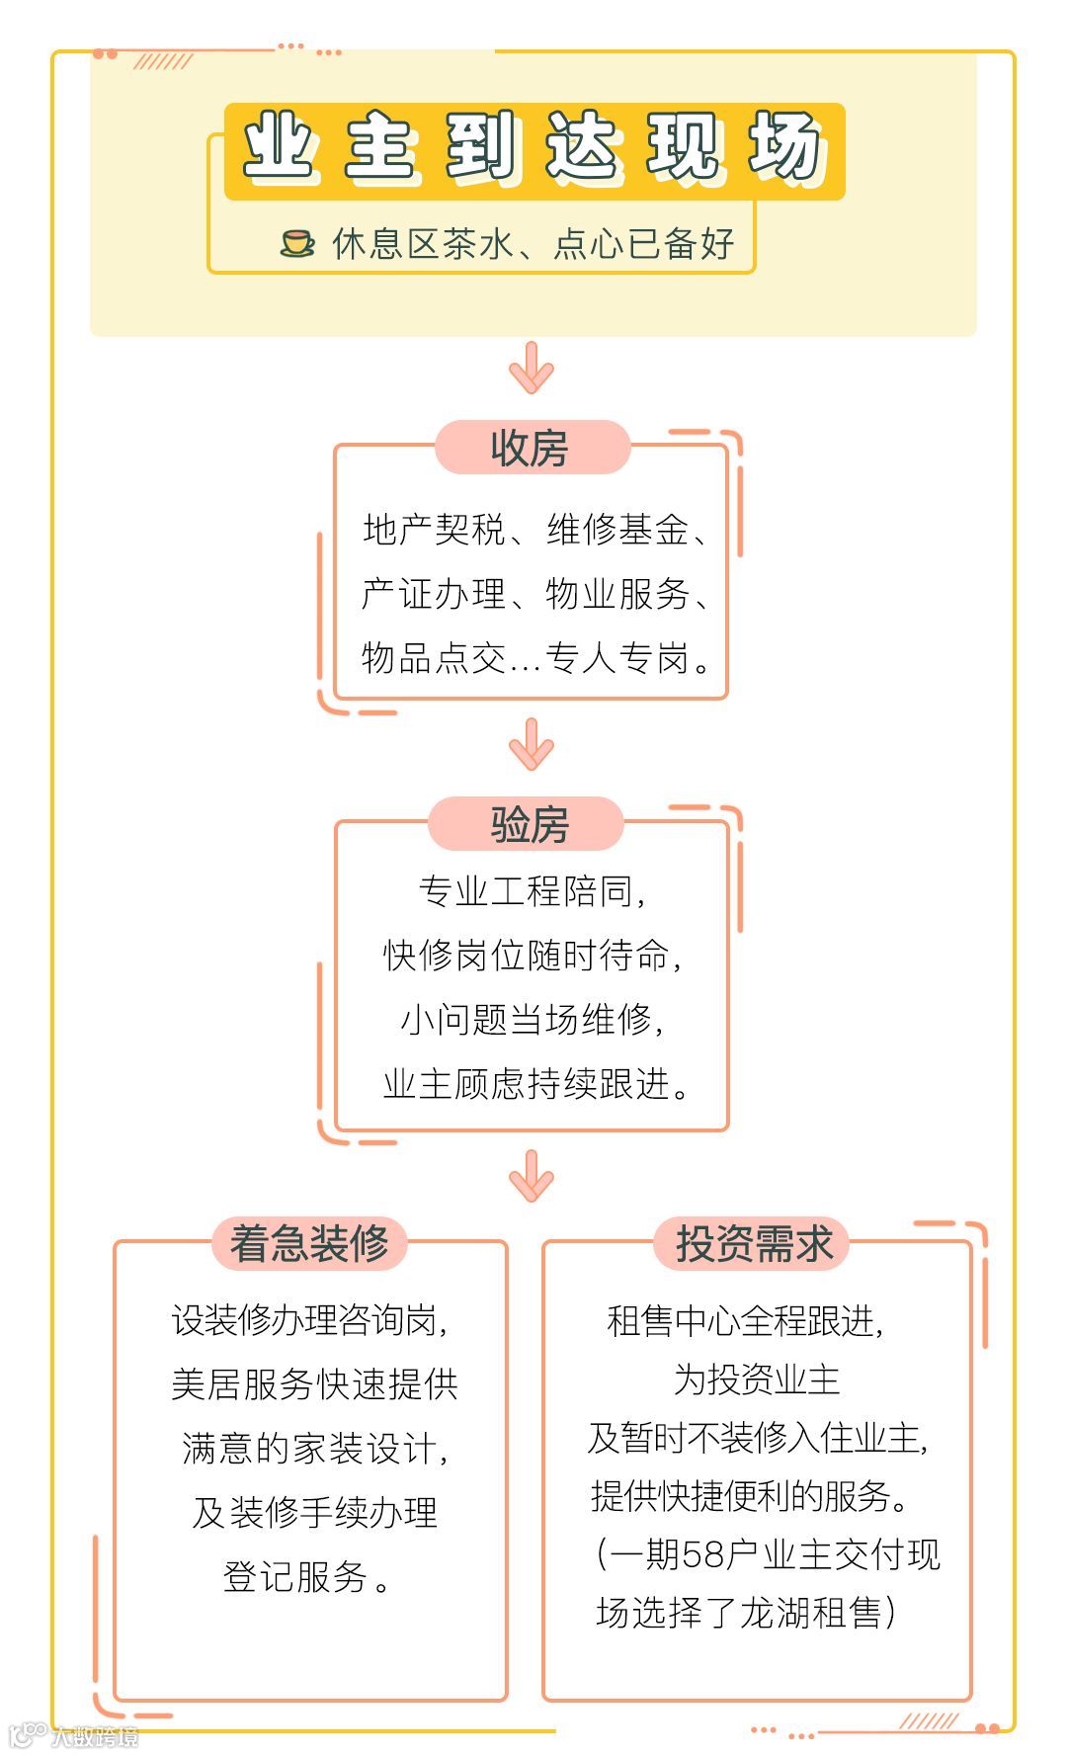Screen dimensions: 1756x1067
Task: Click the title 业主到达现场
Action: tap(533, 150)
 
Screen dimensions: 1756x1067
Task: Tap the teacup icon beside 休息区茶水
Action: tap(297, 243)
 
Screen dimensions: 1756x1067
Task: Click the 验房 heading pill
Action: tap(529, 824)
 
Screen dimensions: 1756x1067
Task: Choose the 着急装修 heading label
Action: tap(309, 1243)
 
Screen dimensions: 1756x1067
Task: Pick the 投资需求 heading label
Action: tap(754, 1243)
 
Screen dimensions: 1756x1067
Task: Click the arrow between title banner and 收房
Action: tap(532, 369)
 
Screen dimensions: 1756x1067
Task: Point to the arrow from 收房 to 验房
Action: tap(532, 745)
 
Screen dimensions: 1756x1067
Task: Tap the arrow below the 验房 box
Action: tap(532, 1176)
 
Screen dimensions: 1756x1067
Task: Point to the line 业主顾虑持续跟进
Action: tap(536, 1084)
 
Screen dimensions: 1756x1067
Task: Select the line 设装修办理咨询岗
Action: tap(309, 1321)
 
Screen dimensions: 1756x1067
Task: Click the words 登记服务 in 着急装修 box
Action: tap(295, 1577)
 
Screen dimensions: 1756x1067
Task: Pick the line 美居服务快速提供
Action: tap(314, 1384)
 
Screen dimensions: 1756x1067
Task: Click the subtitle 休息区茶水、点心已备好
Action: tap(533, 243)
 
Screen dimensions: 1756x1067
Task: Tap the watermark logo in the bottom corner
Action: tap(30, 1735)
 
